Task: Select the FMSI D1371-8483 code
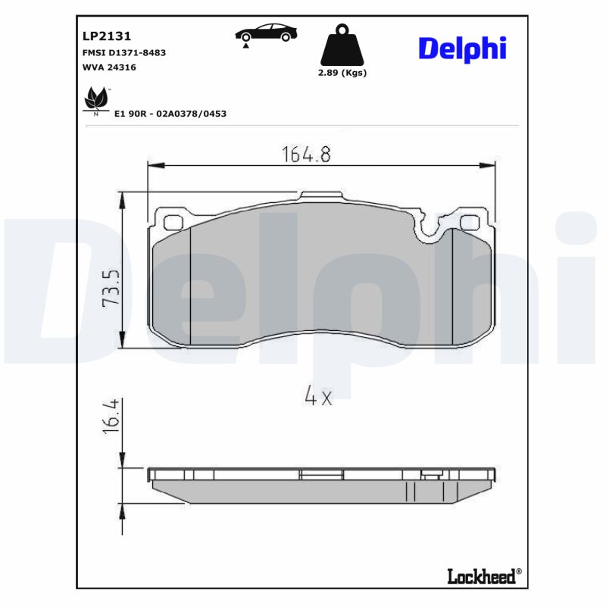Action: [123, 52]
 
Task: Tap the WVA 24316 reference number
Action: [109, 67]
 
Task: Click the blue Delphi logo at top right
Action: [462, 48]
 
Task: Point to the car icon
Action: [266, 33]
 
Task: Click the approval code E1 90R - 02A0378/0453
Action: [170, 114]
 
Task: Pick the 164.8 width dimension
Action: [307, 154]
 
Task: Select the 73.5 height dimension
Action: [111, 286]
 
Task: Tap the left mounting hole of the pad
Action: [173, 223]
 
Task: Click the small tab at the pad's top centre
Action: [322, 196]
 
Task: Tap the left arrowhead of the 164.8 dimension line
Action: [150, 165]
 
